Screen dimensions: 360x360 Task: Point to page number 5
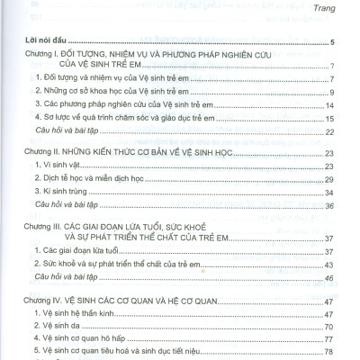click(332, 42)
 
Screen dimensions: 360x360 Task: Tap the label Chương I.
click(46, 55)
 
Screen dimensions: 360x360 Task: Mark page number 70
click(329, 328)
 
